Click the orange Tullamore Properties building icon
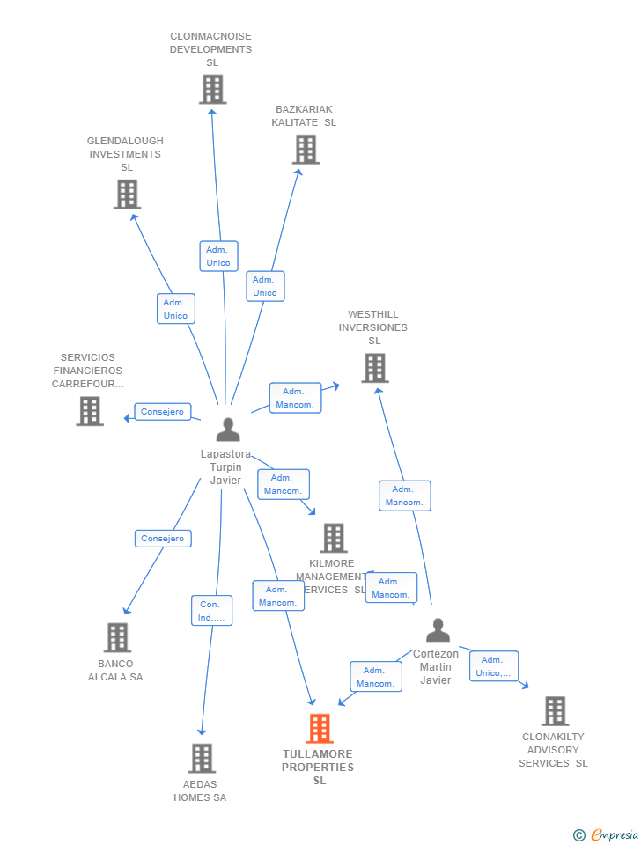pyautogui.click(x=320, y=729)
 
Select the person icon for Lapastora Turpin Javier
pyautogui.click(x=228, y=430)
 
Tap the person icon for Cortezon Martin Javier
pyautogui.click(x=438, y=630)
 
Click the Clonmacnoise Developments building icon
pyautogui.click(x=212, y=90)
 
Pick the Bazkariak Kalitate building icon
pyautogui.click(x=306, y=150)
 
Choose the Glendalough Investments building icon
pyautogui.click(x=127, y=195)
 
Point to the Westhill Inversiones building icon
pyautogui.click(x=374, y=368)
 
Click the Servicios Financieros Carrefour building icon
pyautogui.click(x=90, y=411)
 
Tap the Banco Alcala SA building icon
pyautogui.click(x=117, y=638)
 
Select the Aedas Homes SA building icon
pyautogui.click(x=202, y=758)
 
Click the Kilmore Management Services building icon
pyautogui.click(x=333, y=538)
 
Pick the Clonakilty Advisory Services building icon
pyautogui.click(x=555, y=711)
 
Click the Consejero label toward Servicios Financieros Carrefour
pyautogui.click(x=163, y=412)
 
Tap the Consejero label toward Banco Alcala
pyautogui.click(x=163, y=539)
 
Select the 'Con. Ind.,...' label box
pyautogui.click(x=211, y=611)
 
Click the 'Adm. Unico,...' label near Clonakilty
pyautogui.click(x=493, y=666)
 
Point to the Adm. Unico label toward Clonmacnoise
pyautogui.click(x=218, y=256)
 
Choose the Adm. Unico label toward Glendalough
pyautogui.click(x=176, y=309)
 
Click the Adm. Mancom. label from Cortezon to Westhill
pyautogui.click(x=404, y=496)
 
